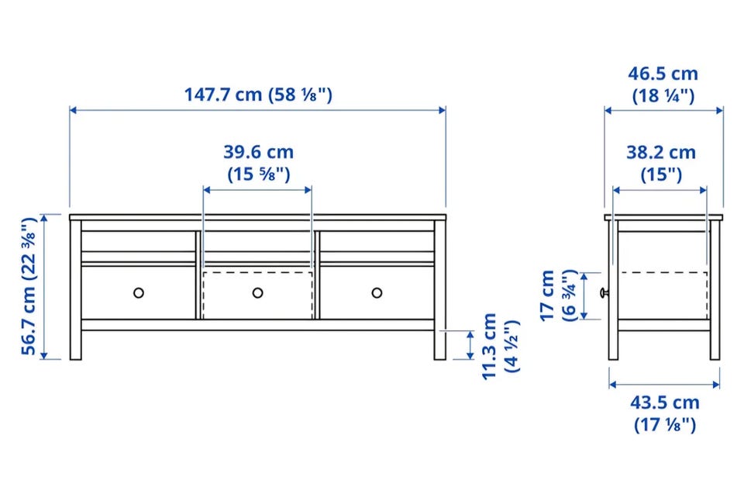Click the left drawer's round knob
point(139,293)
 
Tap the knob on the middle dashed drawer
point(257,293)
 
